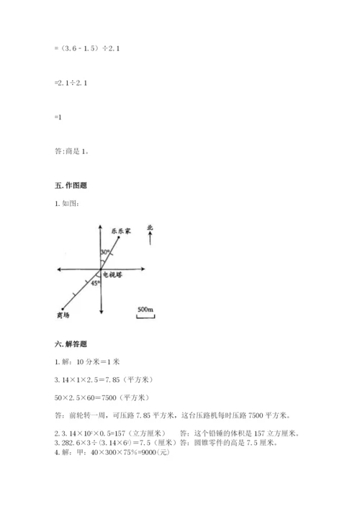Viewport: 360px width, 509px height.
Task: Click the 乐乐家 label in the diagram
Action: [x=120, y=232]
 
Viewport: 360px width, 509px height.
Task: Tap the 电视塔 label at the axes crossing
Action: [x=114, y=275]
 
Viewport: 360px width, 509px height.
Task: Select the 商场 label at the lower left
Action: [x=63, y=315]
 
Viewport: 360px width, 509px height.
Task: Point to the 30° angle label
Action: [x=105, y=252]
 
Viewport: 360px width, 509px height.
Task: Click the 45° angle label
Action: [x=94, y=284]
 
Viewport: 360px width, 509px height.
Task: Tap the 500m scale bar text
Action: [x=145, y=310]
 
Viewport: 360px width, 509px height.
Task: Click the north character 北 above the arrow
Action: [x=150, y=228]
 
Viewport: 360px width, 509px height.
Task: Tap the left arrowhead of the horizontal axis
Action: [x=59, y=270]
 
